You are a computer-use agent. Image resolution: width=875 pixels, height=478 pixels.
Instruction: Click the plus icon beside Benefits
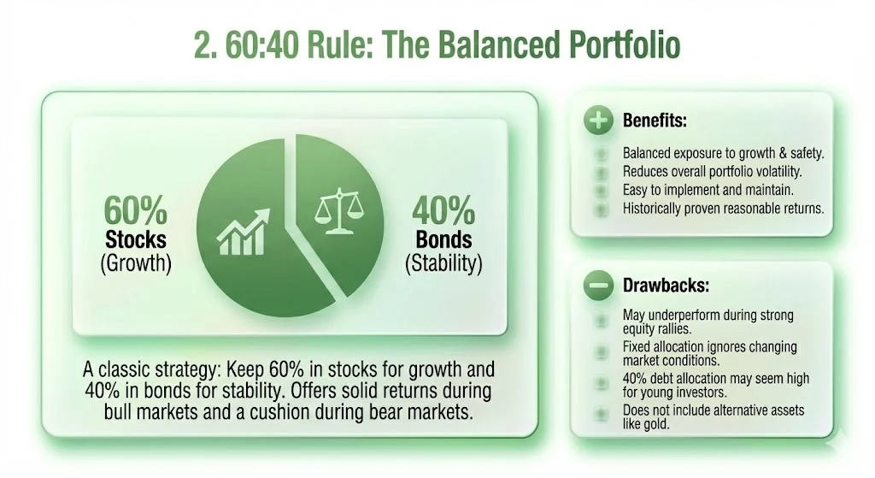(x=598, y=121)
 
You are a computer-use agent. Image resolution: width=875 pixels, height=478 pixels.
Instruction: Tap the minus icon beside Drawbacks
(x=598, y=286)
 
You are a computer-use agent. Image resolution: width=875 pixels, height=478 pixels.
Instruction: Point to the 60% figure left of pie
(x=136, y=211)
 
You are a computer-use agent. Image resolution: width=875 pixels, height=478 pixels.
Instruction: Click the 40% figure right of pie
(x=443, y=211)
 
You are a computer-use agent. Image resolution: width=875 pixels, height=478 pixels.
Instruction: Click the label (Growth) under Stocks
(x=136, y=263)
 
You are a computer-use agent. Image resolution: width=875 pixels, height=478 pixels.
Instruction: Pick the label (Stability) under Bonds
(x=443, y=263)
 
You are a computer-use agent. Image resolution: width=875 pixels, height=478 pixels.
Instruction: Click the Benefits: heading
(x=655, y=121)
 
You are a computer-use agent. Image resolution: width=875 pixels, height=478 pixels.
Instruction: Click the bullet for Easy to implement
(x=601, y=190)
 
